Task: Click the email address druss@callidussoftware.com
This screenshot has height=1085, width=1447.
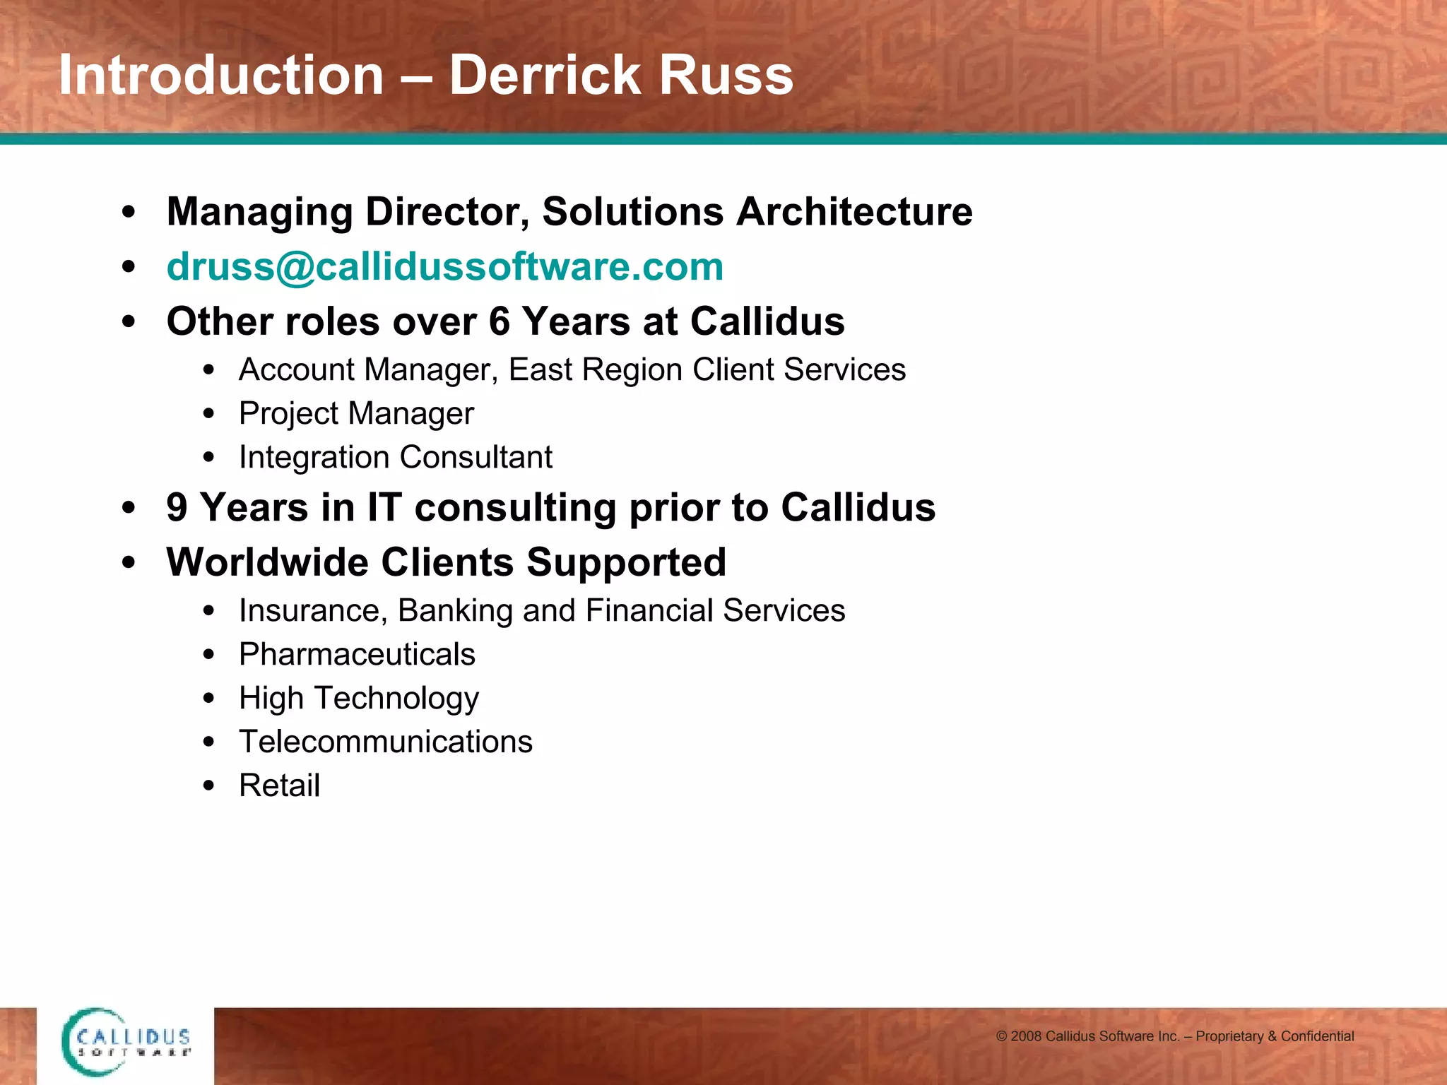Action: tap(445, 267)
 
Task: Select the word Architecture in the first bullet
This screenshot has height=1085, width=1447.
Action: tap(854, 211)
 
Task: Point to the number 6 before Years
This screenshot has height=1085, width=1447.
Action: tap(499, 321)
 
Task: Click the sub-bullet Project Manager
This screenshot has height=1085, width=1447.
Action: tap(356, 414)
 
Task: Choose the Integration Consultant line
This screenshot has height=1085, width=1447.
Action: tap(395, 458)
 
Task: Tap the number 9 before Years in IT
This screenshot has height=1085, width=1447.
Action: tap(177, 508)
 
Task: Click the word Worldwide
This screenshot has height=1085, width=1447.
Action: tap(267, 562)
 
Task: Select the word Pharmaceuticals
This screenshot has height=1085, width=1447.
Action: tap(357, 654)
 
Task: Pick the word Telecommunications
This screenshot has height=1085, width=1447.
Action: tap(386, 742)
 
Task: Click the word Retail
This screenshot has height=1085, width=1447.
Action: tap(279, 785)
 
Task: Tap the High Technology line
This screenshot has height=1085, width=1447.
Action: tap(359, 698)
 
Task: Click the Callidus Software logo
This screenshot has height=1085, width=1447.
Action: tap(126, 1043)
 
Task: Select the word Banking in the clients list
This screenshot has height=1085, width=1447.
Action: tap(455, 611)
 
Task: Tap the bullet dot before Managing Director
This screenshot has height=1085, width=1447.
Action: tap(128, 212)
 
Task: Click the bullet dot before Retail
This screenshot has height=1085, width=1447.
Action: tap(208, 785)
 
